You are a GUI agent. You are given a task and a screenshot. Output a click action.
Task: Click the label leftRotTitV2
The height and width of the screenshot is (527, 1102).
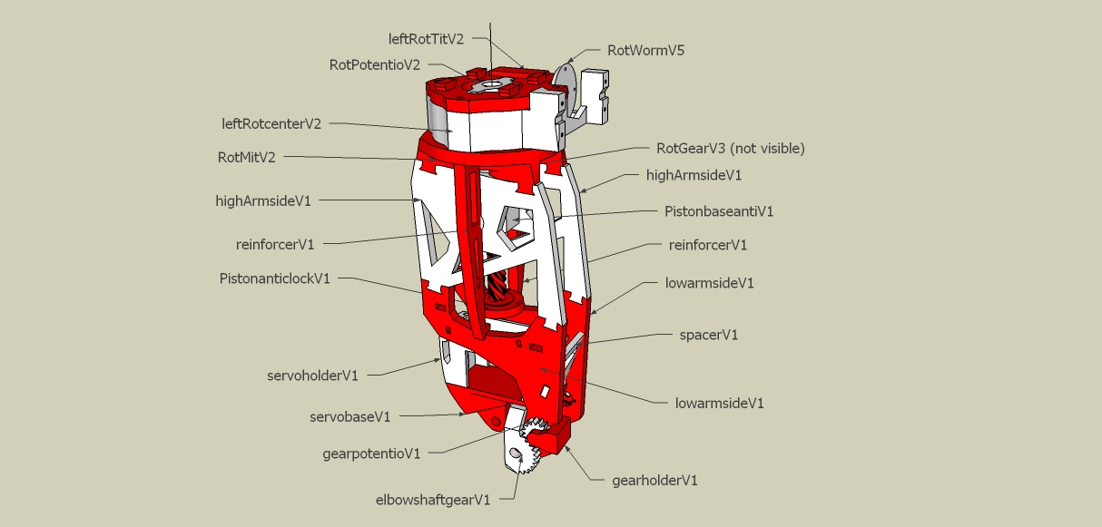click(x=426, y=39)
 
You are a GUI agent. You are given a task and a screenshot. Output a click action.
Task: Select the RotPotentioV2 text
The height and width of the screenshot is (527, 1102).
click(x=375, y=65)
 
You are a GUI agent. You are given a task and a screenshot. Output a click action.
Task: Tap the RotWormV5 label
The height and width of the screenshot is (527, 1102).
click(x=645, y=51)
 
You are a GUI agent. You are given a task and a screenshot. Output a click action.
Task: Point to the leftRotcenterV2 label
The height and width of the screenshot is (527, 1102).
click(x=271, y=123)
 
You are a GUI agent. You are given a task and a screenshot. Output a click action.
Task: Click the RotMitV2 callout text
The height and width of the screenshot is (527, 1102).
click(x=247, y=157)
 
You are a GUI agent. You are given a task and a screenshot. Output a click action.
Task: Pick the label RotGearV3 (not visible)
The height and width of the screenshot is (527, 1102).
click(x=730, y=148)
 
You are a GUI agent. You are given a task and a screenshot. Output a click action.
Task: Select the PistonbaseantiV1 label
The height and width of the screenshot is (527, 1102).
click(x=719, y=211)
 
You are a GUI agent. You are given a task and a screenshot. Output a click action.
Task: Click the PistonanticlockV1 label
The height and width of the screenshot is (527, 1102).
click(x=275, y=278)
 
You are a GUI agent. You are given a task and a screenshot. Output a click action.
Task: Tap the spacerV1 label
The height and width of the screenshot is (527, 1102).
click(x=709, y=335)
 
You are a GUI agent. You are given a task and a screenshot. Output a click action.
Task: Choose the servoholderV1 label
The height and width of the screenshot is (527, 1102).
click(x=312, y=375)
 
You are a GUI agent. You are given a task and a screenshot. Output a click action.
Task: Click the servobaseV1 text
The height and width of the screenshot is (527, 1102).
click(x=349, y=417)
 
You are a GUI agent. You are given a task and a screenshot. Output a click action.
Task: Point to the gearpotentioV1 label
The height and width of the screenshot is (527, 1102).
click(x=371, y=454)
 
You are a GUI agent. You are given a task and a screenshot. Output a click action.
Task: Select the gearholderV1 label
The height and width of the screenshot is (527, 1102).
click(x=654, y=480)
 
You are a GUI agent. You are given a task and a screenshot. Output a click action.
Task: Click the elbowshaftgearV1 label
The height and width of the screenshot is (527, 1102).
click(x=433, y=500)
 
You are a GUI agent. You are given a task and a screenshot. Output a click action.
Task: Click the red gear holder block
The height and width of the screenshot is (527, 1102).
click(x=555, y=434)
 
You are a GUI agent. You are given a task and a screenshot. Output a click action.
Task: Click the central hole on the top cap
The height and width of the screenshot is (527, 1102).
click(x=490, y=86)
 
